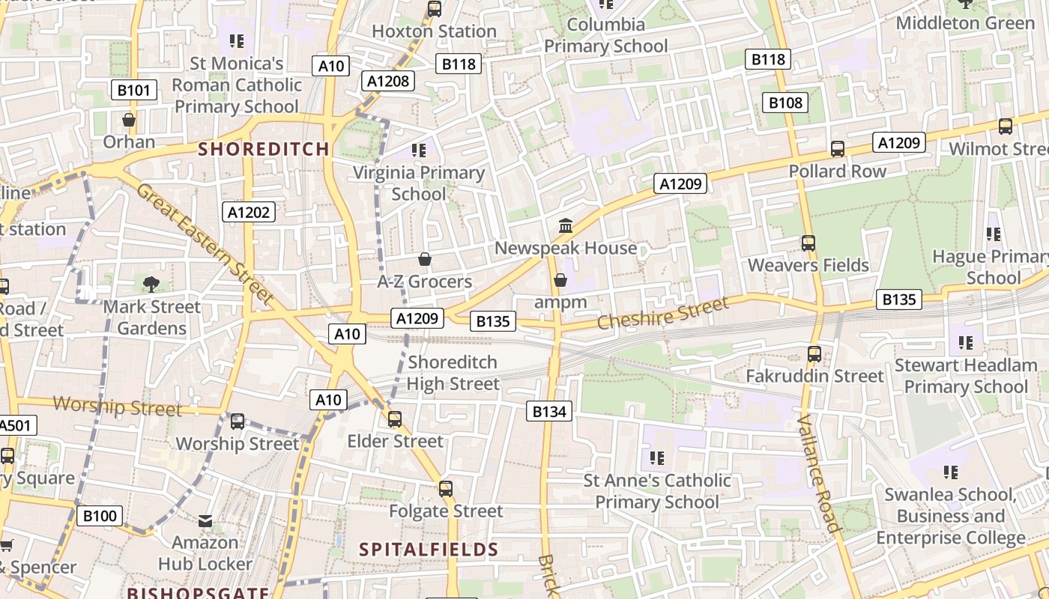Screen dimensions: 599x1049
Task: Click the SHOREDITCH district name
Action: click(x=264, y=149)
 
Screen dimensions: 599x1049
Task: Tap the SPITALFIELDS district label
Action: click(x=429, y=550)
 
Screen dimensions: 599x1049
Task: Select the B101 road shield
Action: click(x=135, y=91)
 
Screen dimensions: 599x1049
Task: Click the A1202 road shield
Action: click(x=250, y=213)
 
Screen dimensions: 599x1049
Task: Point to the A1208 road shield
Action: click(x=389, y=81)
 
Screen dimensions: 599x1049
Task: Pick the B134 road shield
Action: click(x=549, y=411)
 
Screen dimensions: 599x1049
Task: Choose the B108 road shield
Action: click(x=785, y=103)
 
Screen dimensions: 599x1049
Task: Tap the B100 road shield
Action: click(x=100, y=516)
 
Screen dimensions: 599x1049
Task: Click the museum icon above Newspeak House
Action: click(x=566, y=225)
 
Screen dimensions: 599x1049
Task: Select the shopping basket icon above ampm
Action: click(x=560, y=280)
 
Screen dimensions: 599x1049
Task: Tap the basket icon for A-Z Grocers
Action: click(x=425, y=259)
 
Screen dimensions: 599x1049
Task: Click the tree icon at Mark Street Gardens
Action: click(x=151, y=284)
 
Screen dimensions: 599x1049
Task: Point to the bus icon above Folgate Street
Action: click(x=446, y=489)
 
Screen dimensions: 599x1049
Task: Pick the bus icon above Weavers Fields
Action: click(x=808, y=243)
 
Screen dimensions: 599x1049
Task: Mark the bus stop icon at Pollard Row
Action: click(x=837, y=149)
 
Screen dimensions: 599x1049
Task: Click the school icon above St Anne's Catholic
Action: click(x=657, y=457)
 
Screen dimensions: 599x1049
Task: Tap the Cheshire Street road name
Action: click(x=662, y=314)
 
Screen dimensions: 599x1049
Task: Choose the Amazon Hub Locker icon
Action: click(x=205, y=521)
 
